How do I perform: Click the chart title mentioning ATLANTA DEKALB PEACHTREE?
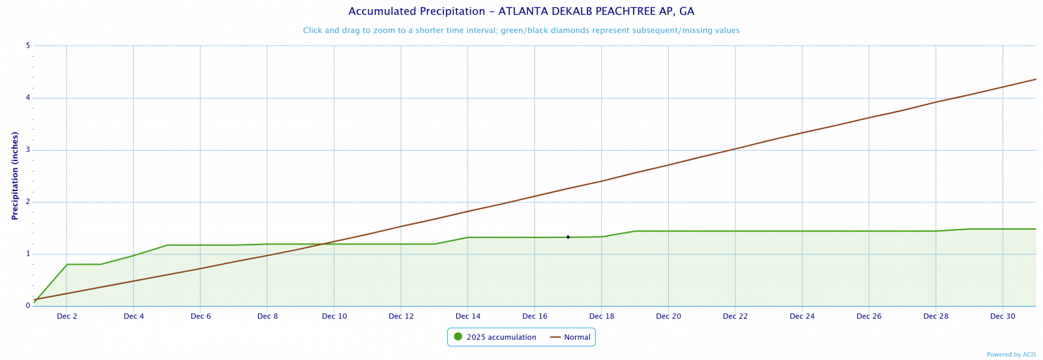point(521,12)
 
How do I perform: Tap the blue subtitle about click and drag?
point(521,31)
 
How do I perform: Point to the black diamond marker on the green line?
point(568,237)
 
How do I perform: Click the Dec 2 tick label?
point(67,317)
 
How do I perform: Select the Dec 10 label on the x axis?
point(334,317)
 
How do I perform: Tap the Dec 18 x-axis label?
point(602,317)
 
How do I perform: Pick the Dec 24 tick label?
point(802,317)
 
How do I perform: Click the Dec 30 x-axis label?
point(1003,317)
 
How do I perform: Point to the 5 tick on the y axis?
point(28,46)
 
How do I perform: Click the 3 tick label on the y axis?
point(28,150)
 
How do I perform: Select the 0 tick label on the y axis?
point(28,306)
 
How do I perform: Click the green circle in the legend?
point(458,337)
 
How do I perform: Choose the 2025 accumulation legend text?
point(501,338)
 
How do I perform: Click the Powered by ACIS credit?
point(1011,355)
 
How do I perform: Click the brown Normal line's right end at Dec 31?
point(1036,80)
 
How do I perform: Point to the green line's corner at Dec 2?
point(67,264)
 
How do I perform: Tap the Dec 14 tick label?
point(468,317)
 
